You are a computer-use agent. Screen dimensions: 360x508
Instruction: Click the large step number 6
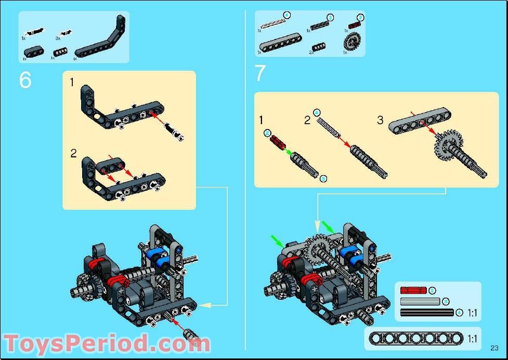[x=25, y=80]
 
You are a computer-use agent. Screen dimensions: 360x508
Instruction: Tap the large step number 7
[x=260, y=73]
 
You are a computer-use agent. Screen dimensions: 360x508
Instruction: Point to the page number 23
[x=494, y=348]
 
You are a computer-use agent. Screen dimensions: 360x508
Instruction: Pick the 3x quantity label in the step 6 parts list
[x=58, y=38]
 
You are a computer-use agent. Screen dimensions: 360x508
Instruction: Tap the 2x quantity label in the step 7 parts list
[x=311, y=52]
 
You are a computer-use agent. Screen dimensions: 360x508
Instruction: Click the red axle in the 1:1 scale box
[x=413, y=290]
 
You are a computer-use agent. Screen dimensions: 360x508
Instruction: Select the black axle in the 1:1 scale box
[x=427, y=313]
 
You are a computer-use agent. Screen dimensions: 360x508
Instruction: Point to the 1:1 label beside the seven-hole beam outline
[x=472, y=339]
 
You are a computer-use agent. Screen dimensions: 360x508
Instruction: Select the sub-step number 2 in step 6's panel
[x=73, y=153]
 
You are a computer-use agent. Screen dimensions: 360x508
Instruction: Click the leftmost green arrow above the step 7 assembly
[x=277, y=241]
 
